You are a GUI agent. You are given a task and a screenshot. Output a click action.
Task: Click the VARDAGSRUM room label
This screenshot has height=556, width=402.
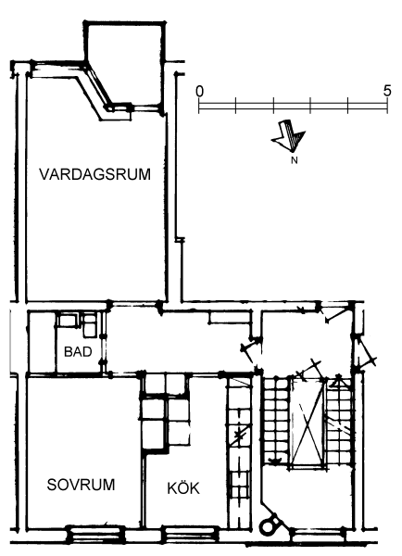tap(95, 174)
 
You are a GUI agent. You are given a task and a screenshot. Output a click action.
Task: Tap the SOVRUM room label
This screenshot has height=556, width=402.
tap(81, 485)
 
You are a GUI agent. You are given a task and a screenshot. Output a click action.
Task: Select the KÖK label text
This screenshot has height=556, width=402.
tap(183, 488)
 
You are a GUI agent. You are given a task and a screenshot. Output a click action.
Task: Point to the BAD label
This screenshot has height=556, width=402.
tap(78, 352)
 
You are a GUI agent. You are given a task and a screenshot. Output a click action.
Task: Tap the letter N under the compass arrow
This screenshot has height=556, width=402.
tap(295, 160)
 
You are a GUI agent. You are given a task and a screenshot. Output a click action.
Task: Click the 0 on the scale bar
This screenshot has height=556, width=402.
tap(200, 92)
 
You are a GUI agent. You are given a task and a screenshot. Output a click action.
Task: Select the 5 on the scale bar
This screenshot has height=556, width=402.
tap(387, 91)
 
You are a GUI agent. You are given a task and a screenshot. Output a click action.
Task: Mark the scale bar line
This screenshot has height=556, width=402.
tap(294, 106)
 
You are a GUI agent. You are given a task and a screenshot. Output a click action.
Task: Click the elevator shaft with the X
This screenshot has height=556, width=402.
tap(308, 422)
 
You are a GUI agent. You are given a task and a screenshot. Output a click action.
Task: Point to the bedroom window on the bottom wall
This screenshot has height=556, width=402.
tap(95, 534)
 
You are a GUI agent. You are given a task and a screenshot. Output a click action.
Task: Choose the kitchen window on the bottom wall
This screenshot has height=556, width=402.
tap(190, 534)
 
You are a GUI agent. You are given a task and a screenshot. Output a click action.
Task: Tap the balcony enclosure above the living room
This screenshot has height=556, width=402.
tap(125, 66)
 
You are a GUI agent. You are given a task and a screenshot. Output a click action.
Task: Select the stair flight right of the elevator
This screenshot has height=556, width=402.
tap(339, 421)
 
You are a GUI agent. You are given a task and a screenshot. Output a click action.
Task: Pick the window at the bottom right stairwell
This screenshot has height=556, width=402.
tap(318, 535)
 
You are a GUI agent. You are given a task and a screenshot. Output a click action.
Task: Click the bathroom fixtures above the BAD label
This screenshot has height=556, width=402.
tap(77, 324)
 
